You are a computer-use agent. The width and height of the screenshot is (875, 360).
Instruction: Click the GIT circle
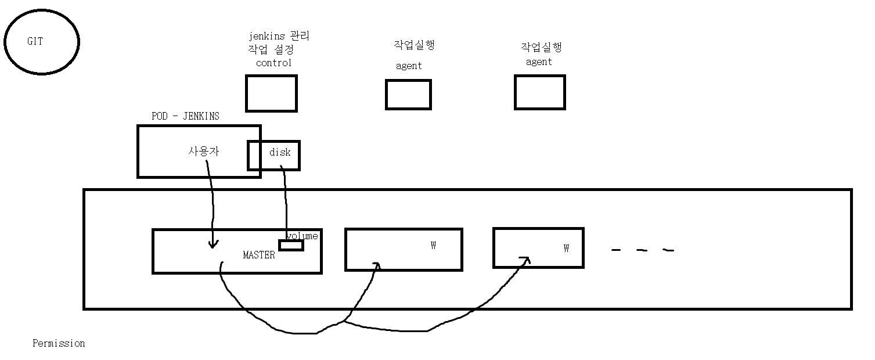(x=41, y=42)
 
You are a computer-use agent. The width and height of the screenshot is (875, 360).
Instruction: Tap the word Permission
(x=59, y=343)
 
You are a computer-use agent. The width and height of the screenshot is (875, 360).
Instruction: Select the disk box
(x=274, y=155)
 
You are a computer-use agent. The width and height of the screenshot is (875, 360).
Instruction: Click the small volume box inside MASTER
(x=291, y=246)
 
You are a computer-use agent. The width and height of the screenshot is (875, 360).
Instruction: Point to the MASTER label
(x=259, y=255)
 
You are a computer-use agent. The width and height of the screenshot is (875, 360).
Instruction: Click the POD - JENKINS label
(x=185, y=116)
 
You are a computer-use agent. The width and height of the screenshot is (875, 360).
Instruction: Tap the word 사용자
(x=204, y=151)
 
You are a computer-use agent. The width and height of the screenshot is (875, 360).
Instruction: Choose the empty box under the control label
(x=271, y=93)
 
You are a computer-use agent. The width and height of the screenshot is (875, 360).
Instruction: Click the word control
(x=273, y=63)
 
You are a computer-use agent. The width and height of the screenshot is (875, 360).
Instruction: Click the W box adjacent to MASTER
(x=404, y=249)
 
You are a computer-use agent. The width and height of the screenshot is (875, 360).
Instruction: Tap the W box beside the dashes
(x=538, y=247)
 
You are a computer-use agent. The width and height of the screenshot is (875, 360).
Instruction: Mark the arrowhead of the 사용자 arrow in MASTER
(x=213, y=244)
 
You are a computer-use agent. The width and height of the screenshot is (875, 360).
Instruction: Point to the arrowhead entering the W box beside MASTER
(x=377, y=265)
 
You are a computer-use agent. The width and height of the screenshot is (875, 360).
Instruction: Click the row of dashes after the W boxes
(x=643, y=251)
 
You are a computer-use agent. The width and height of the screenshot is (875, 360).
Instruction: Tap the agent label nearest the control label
(x=409, y=66)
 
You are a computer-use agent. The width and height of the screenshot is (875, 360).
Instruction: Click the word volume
(x=303, y=236)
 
